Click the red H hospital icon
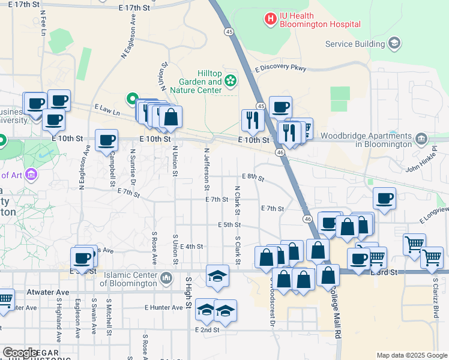coord(270,19)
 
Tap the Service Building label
coord(355,44)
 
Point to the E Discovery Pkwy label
coord(280,69)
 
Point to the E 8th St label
coord(253,177)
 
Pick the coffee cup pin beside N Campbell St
coord(107,140)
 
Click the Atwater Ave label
coord(48,292)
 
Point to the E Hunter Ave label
coord(163,307)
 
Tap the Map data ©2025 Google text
coord(411,355)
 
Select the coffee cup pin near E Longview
coord(384,197)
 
